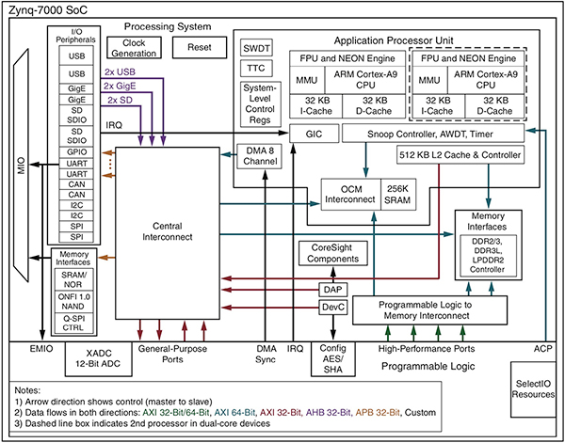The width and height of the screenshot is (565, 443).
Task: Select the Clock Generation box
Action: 134,48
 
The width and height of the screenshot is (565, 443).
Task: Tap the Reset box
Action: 200,47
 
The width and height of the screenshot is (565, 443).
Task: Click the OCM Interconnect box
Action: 350,192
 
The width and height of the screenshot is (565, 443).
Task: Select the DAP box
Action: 333,289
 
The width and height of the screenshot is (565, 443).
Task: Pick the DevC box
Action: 333,308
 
